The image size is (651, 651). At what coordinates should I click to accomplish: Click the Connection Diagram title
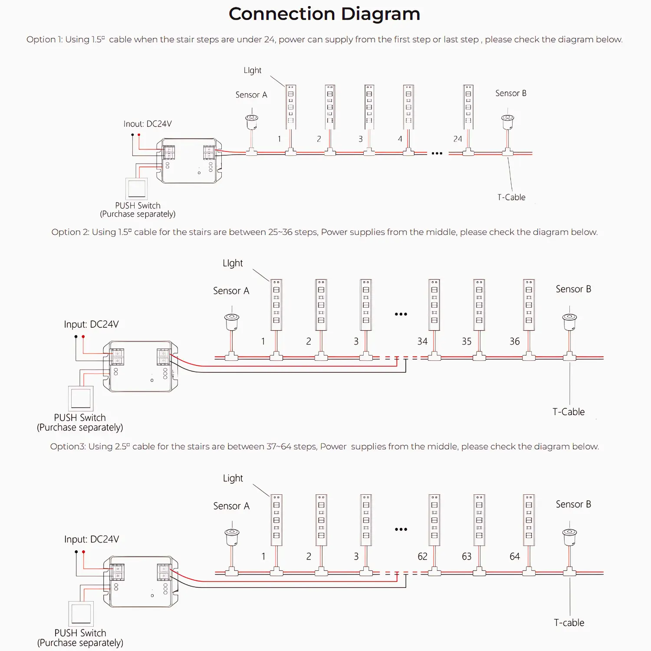pos(324,14)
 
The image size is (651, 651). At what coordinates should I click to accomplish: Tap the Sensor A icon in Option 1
pos(252,122)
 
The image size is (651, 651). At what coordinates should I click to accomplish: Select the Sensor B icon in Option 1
pos(507,122)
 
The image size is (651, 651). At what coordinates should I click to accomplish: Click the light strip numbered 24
pos(468,107)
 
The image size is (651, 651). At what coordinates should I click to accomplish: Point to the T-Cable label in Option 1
pos(511,197)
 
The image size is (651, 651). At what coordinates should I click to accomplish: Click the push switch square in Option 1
pos(136,189)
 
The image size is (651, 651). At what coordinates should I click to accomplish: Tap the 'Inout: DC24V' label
pos(148,124)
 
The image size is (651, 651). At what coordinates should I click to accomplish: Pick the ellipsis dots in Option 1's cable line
pos(437,153)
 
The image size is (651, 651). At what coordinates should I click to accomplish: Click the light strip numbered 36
pos(529,305)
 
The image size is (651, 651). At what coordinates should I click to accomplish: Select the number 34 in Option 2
pos(422,342)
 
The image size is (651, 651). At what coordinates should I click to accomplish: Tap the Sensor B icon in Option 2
pos(569,322)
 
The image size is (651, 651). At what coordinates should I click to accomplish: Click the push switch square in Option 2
pos(81,398)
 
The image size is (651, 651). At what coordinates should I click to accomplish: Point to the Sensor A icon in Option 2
pos(232,322)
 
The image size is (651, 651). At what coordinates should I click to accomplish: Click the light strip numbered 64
pos(529,520)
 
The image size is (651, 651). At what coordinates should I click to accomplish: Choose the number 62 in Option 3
pos(422,556)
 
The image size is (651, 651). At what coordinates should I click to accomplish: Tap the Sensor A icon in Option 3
pos(232,537)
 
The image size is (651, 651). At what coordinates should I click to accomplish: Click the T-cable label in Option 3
pos(569,623)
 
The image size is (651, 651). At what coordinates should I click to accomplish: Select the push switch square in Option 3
pos(81,614)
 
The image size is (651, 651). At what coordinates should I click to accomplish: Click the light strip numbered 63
pos(479,520)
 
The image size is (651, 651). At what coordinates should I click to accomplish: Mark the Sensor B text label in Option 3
pos(573,504)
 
